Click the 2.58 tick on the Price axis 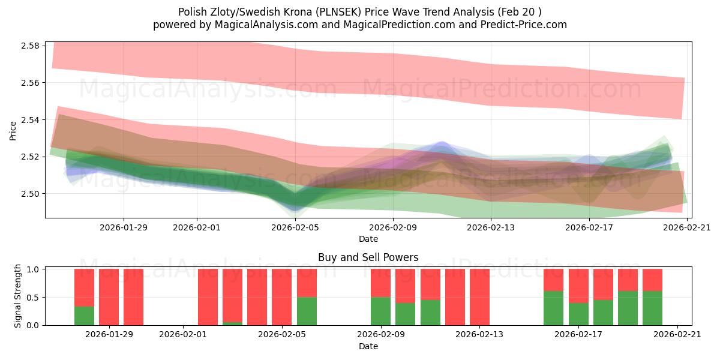pos(30,46)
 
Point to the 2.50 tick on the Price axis pos(30,194)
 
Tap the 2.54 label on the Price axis pos(30,120)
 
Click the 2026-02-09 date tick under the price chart pos(393,227)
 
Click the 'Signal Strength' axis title pos(18,296)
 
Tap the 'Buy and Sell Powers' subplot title pos(368,257)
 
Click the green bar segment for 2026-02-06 pos(307,311)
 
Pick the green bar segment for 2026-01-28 pos(84,316)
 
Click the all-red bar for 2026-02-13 pos(479,297)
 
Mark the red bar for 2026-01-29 pos(109,297)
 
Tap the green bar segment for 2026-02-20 pos(652,308)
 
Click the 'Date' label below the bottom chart pos(368,346)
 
